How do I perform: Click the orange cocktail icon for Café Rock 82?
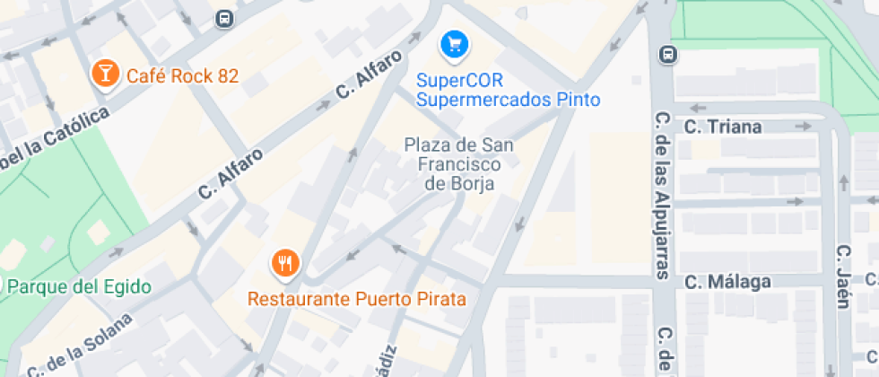coord(105,74)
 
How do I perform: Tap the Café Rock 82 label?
coord(182,75)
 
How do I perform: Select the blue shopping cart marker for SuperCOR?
coord(455,42)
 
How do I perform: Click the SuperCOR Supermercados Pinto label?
coord(508,90)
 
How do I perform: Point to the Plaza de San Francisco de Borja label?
coord(460,163)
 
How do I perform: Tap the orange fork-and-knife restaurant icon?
coord(286,263)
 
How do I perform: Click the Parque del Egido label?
coord(80,287)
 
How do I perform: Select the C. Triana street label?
coord(723,127)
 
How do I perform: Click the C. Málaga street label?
coord(727,282)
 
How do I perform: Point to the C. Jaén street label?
coord(843,276)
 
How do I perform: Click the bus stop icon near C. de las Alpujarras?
coord(667,55)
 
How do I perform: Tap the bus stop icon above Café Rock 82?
coord(224,18)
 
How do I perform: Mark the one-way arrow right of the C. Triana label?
coord(803,127)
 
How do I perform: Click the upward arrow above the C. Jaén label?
coord(843,184)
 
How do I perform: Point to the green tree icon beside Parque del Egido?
coord(4,286)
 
